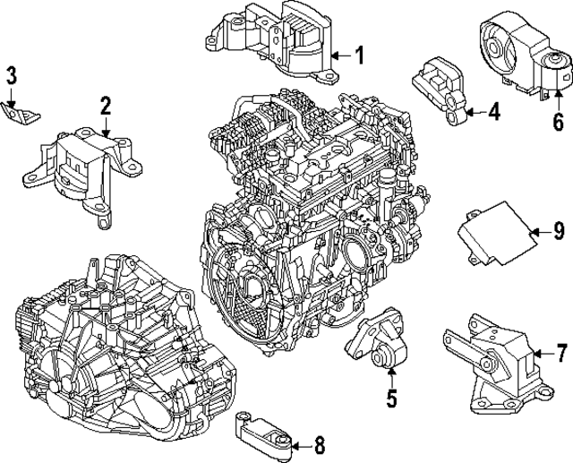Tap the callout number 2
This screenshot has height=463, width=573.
[x=106, y=107]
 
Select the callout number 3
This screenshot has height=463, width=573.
[x=12, y=75]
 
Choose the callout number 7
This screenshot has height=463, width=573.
[x=561, y=352]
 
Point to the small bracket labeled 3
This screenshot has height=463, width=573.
[x=24, y=115]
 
